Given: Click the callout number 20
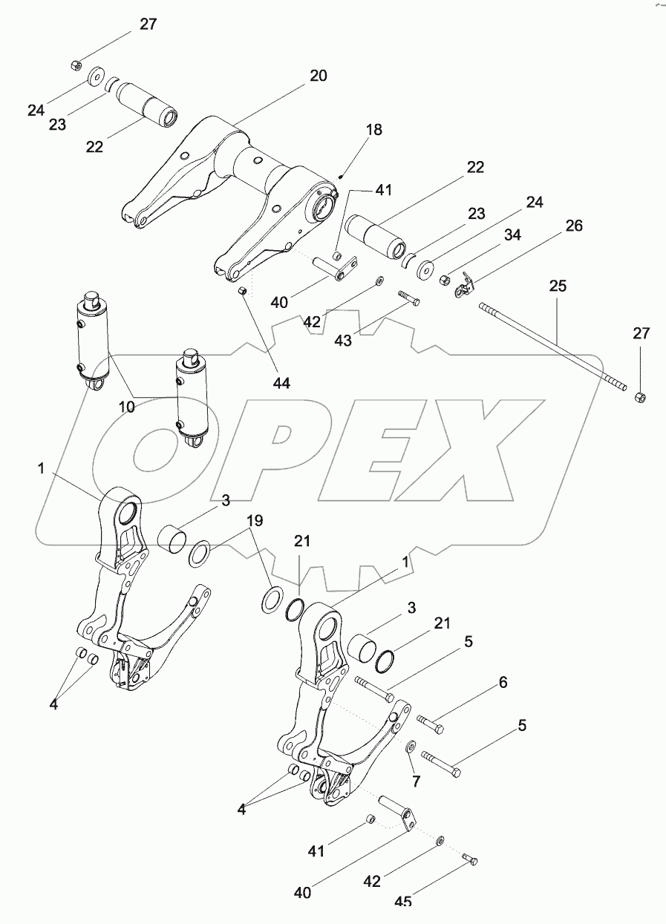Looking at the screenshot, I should coord(318,76).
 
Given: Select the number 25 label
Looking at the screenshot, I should coord(558,286).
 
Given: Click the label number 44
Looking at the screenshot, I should coord(281,383).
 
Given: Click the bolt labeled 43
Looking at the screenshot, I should coord(408,298).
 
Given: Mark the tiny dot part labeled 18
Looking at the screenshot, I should coord(340,175).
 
